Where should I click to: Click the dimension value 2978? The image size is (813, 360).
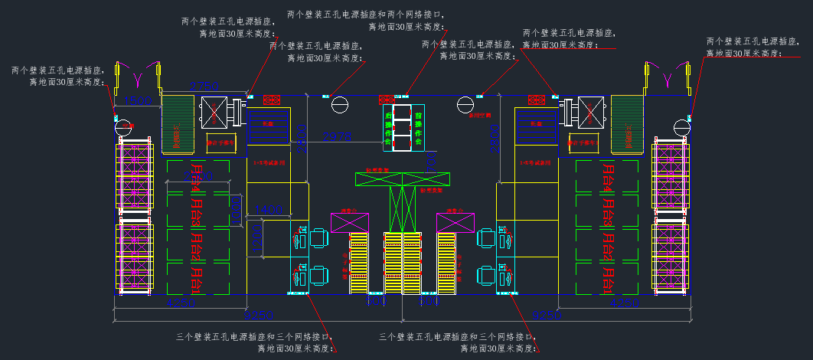coord(334,136)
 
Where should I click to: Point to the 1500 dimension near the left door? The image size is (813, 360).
coord(138,100)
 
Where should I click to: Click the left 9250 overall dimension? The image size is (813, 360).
coord(258,314)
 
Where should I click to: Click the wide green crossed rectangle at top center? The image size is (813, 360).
coord(401,178)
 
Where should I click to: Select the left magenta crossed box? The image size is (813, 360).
coord(350,222)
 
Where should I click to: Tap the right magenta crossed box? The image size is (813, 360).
coord(455,222)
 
